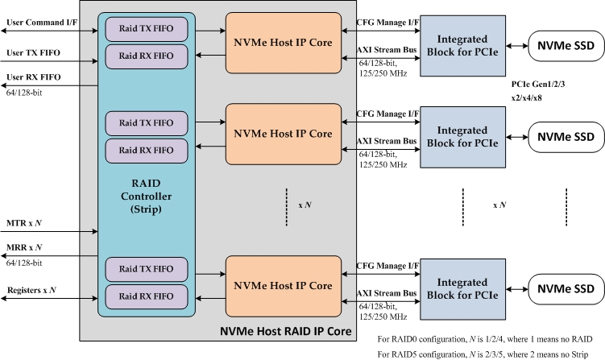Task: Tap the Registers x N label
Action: coord(32,289)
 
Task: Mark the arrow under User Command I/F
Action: coord(48,31)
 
